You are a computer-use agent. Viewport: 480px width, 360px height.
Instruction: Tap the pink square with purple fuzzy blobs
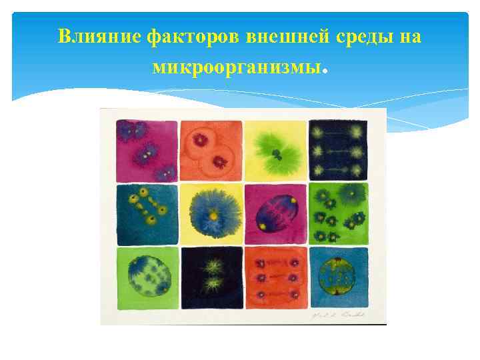tap(147, 150)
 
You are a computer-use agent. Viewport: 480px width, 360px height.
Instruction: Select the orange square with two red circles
tap(211, 150)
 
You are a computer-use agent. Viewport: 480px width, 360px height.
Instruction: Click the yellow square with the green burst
tap(275, 150)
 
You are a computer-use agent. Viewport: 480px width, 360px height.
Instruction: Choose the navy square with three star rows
tap(338, 150)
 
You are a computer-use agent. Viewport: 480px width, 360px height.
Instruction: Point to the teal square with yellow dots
tap(147, 214)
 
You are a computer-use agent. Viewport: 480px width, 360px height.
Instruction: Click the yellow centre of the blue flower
tap(211, 216)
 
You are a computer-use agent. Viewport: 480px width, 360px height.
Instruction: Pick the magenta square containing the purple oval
tap(275, 214)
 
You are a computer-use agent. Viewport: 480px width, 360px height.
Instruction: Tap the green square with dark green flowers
tap(338, 214)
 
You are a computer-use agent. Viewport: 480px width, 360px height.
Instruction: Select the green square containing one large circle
tap(147, 277)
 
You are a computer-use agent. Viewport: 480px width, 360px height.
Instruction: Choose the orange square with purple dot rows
tap(275, 277)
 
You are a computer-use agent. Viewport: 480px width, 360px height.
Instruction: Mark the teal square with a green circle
tap(338, 277)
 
